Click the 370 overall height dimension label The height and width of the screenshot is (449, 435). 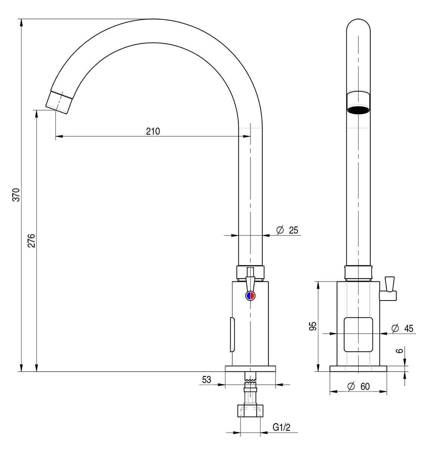16,195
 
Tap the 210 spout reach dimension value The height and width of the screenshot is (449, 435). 153,131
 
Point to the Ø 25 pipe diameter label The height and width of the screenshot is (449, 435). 287,230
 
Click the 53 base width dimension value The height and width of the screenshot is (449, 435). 206,380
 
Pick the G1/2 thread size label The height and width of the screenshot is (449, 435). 281,427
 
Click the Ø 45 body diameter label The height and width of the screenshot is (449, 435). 402,329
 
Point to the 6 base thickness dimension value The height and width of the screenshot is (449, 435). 399,351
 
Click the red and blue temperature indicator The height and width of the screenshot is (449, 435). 250,296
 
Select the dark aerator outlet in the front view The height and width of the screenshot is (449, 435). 358,110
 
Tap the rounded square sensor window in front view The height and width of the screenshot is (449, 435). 358,335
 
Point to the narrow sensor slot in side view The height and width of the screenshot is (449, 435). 232,335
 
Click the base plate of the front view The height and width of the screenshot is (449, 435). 358,369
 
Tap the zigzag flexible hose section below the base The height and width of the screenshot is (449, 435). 250,381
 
